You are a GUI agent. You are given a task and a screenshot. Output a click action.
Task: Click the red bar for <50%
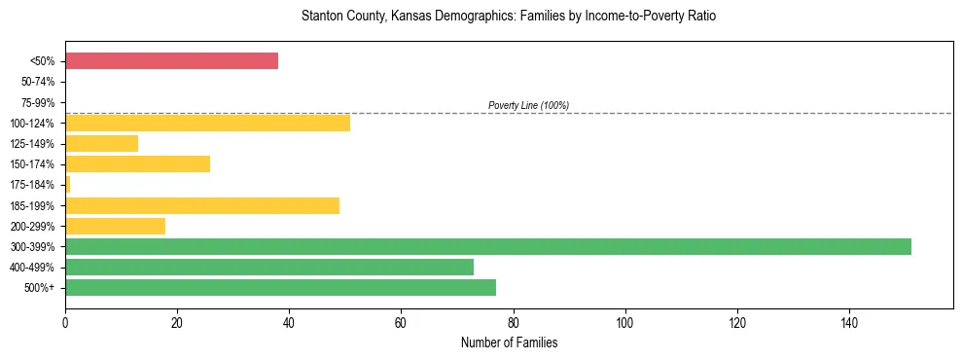tap(171, 61)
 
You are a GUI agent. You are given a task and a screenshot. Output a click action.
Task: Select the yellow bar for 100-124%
tap(207, 123)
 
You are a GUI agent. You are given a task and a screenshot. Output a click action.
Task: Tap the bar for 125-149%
tap(101, 144)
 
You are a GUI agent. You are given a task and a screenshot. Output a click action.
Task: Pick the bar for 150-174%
tap(137, 164)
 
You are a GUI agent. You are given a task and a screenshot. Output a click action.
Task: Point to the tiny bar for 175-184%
tap(68, 185)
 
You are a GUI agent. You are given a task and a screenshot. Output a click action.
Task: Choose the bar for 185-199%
tap(202, 205)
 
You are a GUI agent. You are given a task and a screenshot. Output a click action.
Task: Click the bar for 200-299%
tap(115, 226)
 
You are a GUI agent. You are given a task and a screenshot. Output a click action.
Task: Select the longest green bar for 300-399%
tap(487, 246)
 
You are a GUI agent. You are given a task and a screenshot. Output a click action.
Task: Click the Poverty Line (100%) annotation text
tap(528, 105)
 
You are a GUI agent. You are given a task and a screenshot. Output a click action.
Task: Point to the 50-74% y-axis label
tap(35, 82)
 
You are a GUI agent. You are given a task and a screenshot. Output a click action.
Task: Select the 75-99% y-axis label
tap(35, 102)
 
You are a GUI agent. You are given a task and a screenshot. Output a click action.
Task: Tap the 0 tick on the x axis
tap(65, 322)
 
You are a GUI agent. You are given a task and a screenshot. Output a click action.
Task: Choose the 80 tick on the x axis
tap(513, 322)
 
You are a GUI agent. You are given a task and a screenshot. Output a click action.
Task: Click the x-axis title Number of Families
tap(509, 342)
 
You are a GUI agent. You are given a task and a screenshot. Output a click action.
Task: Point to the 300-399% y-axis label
tap(32, 247)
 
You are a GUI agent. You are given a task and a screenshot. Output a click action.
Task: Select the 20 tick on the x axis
tap(177, 322)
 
